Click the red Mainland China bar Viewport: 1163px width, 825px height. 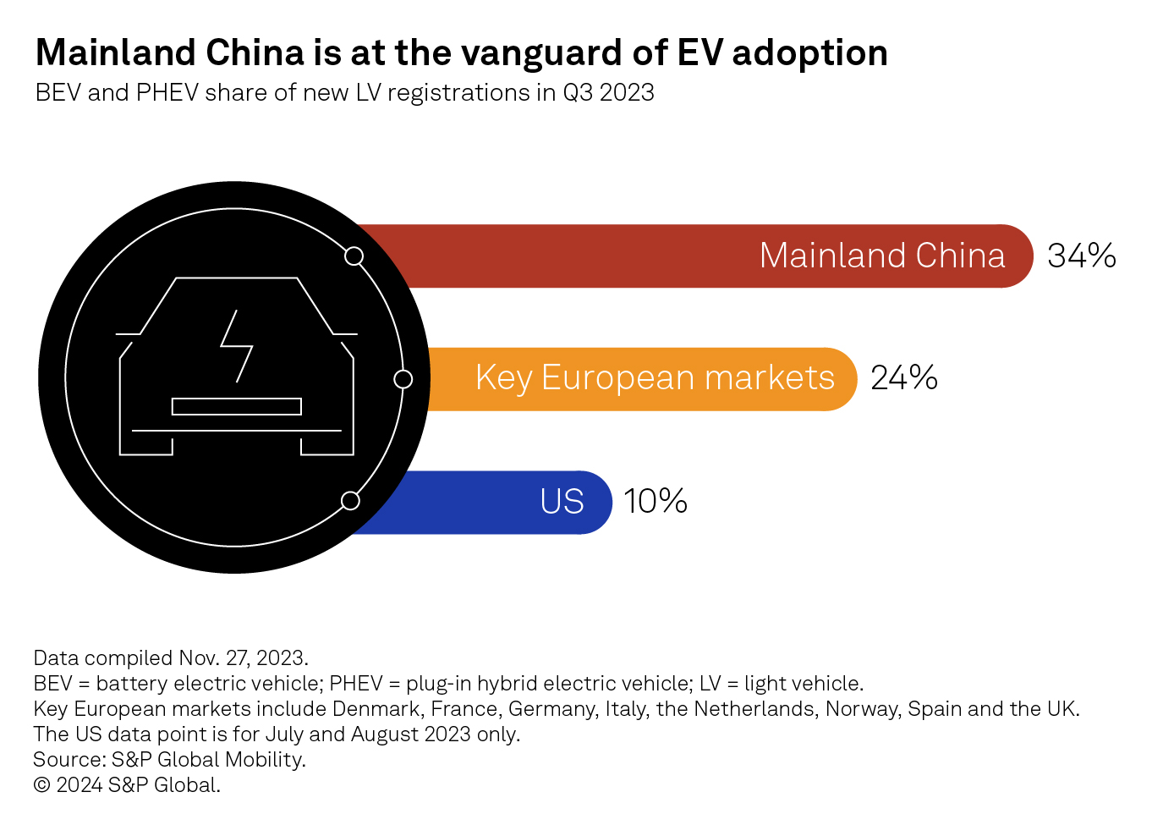pyautogui.click(x=592, y=256)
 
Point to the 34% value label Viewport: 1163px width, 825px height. pyautogui.click(x=1081, y=256)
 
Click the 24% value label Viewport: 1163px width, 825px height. pyautogui.click(x=903, y=378)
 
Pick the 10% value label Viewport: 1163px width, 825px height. pyautogui.click(x=655, y=501)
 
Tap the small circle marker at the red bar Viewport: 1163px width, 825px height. pyautogui.click(x=354, y=256)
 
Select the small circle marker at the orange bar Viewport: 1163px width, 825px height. pyautogui.click(x=403, y=379)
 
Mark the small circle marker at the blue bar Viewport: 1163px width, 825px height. pyautogui.click(x=350, y=501)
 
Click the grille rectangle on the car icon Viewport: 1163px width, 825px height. pyautogui.click(x=237, y=406)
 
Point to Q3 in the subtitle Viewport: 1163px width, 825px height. pyautogui.click(x=579, y=92)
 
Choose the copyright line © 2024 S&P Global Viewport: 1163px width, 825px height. pyautogui.click(x=127, y=784)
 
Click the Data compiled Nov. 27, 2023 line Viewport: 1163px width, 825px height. pyautogui.click(x=171, y=657)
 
